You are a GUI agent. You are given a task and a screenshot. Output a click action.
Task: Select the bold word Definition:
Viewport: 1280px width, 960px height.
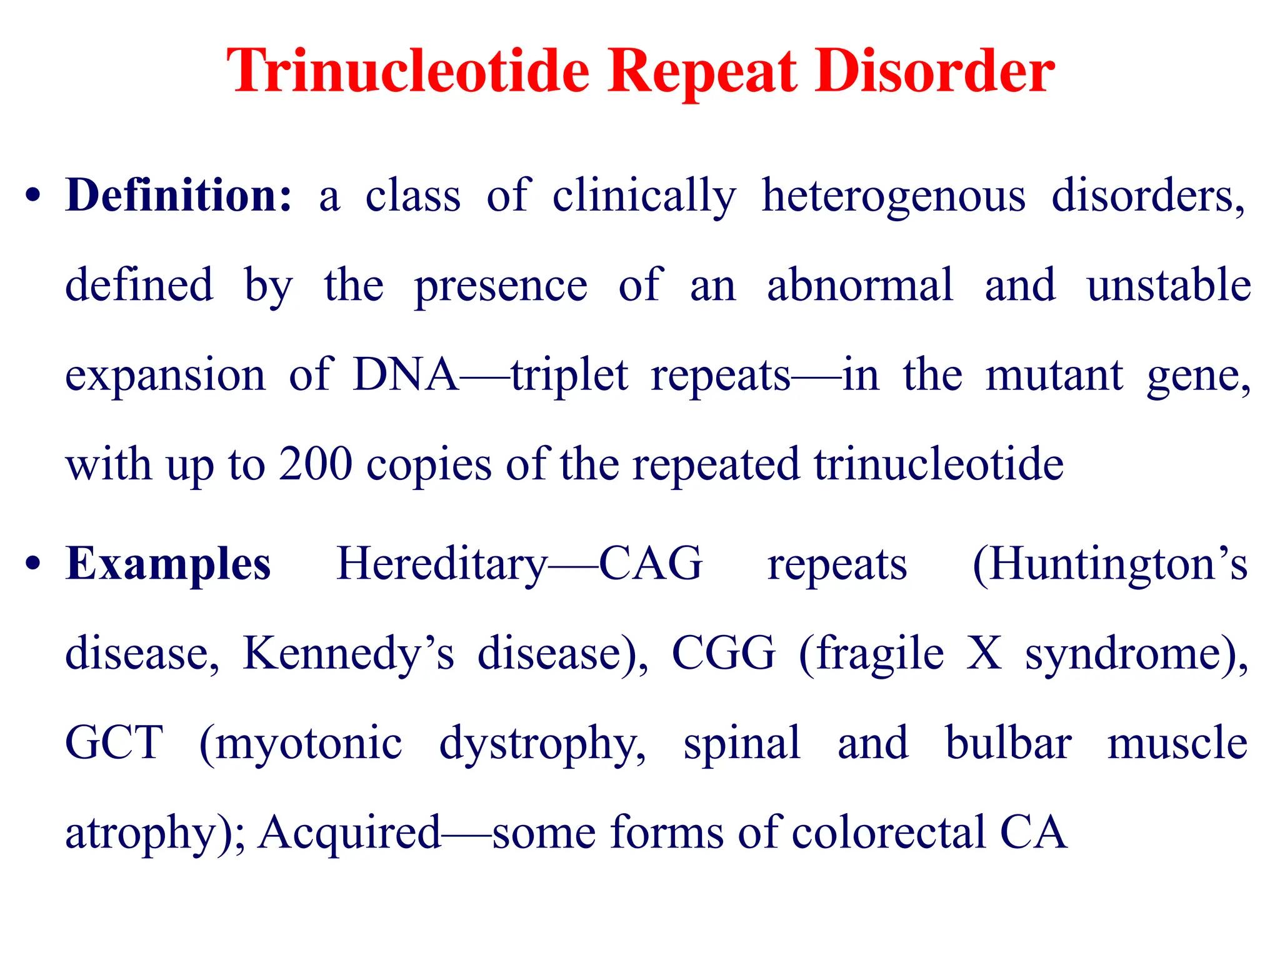[179, 196]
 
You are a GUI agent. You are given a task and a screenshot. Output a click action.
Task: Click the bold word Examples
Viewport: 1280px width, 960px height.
[168, 564]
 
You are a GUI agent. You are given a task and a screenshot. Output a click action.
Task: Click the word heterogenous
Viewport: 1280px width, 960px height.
[893, 196]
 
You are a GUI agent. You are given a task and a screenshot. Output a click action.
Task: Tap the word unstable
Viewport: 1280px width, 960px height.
[1169, 285]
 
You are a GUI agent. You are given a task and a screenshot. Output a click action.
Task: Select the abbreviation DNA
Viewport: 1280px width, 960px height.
[406, 375]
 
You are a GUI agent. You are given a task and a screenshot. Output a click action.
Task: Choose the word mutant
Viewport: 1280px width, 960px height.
[1054, 375]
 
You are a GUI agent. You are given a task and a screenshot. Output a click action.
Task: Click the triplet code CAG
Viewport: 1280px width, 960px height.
[651, 563]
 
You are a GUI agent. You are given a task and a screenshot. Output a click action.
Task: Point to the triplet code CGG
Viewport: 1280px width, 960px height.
[723, 653]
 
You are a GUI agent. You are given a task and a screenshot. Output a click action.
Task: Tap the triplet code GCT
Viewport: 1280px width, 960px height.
[114, 742]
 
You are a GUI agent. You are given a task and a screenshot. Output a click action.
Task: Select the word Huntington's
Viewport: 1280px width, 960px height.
[1110, 564]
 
